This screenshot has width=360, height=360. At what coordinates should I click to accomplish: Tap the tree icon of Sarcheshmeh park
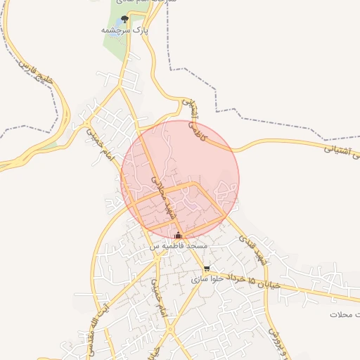[x=125, y=20]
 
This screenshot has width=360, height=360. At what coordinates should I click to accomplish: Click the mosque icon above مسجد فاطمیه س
[x=178, y=236]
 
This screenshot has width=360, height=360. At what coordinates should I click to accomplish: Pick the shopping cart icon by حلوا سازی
[x=206, y=269]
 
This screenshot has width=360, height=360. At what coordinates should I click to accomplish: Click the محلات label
[x=345, y=314]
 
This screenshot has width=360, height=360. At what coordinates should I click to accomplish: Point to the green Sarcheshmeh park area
[x=112, y=46]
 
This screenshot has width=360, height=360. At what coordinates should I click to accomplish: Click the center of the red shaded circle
[x=180, y=180]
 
